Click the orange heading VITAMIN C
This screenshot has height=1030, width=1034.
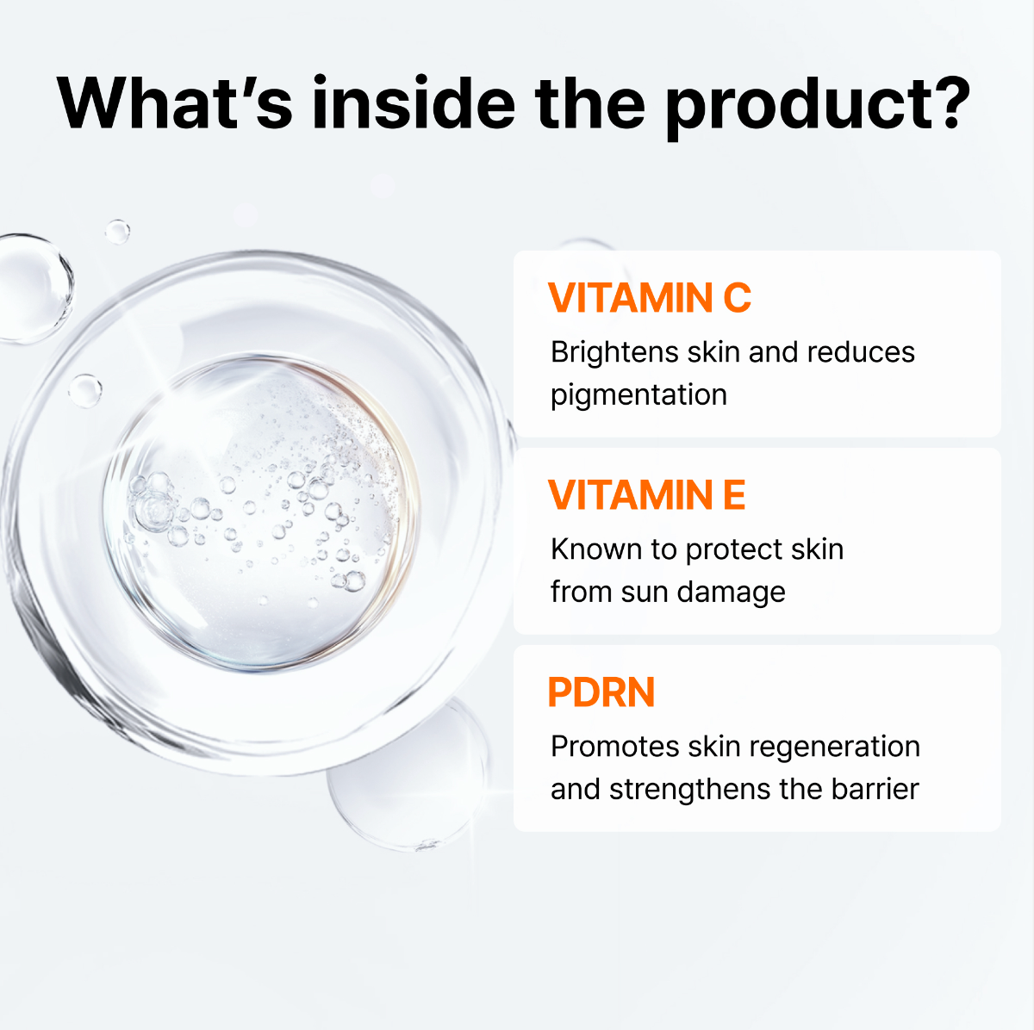pos(650,298)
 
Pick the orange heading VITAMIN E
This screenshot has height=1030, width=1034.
pos(646,495)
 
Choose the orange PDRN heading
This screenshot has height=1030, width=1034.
pos(601,692)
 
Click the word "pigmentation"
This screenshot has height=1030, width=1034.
pos(638,395)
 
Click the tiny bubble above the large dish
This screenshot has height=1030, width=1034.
pos(117,231)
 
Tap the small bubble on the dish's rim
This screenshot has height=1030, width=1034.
pos(84,390)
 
